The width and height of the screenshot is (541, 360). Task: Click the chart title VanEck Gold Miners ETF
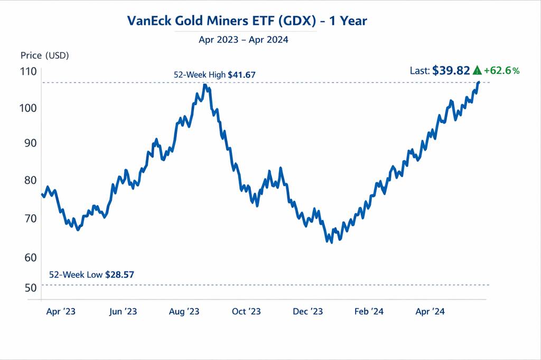click(247, 21)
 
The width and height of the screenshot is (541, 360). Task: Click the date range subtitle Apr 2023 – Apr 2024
click(244, 40)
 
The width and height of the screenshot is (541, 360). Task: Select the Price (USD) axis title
click(45, 55)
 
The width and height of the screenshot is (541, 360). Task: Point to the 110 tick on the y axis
click(29, 72)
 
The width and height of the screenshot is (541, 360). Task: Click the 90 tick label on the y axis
click(29, 143)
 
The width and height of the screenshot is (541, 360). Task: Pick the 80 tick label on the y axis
click(29, 181)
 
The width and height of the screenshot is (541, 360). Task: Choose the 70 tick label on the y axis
click(29, 218)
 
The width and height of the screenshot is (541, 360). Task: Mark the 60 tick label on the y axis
click(29, 257)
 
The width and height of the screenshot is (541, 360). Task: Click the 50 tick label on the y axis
click(29, 288)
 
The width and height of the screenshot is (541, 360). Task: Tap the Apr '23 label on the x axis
click(61, 312)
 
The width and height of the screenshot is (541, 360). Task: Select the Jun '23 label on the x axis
click(123, 312)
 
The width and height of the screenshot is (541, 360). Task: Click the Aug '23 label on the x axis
click(184, 312)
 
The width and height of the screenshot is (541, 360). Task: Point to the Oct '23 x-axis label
click(247, 312)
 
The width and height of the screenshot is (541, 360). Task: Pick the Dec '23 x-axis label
click(308, 312)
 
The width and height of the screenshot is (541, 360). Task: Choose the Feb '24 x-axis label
click(369, 312)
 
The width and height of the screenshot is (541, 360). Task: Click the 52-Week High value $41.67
click(241, 75)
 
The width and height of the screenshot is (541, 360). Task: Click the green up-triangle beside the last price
click(477, 71)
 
